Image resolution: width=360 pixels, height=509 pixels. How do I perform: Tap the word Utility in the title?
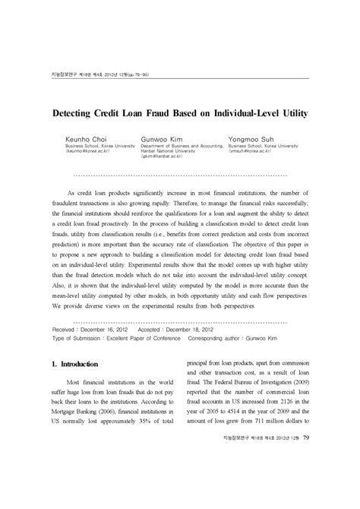289,113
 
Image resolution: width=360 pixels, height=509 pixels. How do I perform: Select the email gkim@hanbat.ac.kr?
167,158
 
